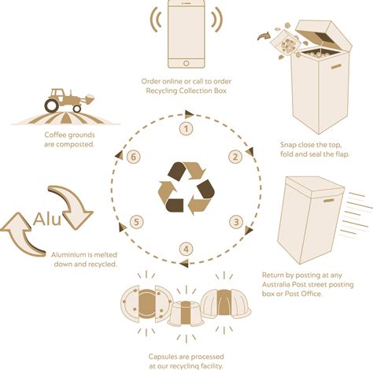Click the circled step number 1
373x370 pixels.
click(x=186, y=128)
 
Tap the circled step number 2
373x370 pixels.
click(x=235, y=157)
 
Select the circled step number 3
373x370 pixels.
click(x=235, y=221)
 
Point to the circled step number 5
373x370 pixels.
click(x=138, y=221)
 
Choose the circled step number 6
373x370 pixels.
click(x=138, y=157)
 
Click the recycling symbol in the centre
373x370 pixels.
click(x=186, y=187)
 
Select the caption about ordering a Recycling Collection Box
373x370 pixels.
click(x=186, y=86)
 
